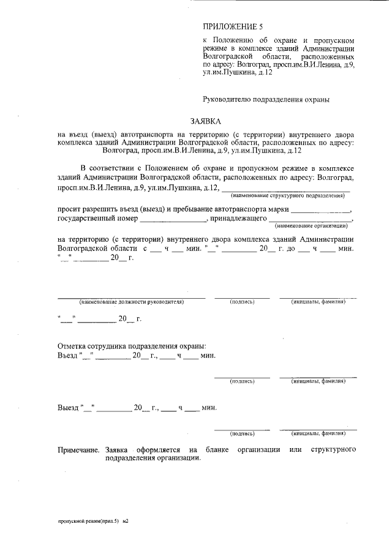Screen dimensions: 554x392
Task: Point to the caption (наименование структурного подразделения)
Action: coord(287,195)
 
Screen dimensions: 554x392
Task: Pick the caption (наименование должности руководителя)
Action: coord(131,302)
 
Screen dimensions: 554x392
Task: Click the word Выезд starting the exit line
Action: coord(69,407)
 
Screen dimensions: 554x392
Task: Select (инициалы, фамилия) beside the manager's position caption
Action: coord(318,302)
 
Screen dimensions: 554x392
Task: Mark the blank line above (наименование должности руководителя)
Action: coord(131,296)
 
